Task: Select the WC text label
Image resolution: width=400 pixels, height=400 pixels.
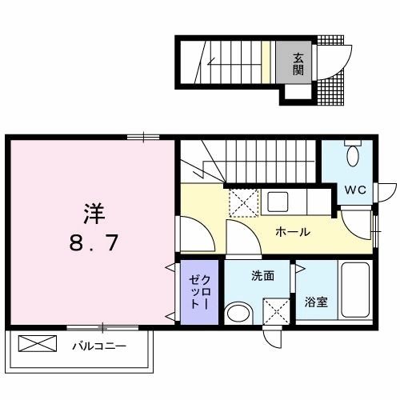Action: coord(356,190)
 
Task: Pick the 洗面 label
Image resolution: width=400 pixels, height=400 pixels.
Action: coord(263,276)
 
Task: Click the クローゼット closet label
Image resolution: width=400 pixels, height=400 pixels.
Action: coord(199,294)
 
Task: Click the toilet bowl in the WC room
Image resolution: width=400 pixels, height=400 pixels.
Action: coord(352,154)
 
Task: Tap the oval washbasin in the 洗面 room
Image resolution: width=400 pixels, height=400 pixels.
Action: coord(237,313)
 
